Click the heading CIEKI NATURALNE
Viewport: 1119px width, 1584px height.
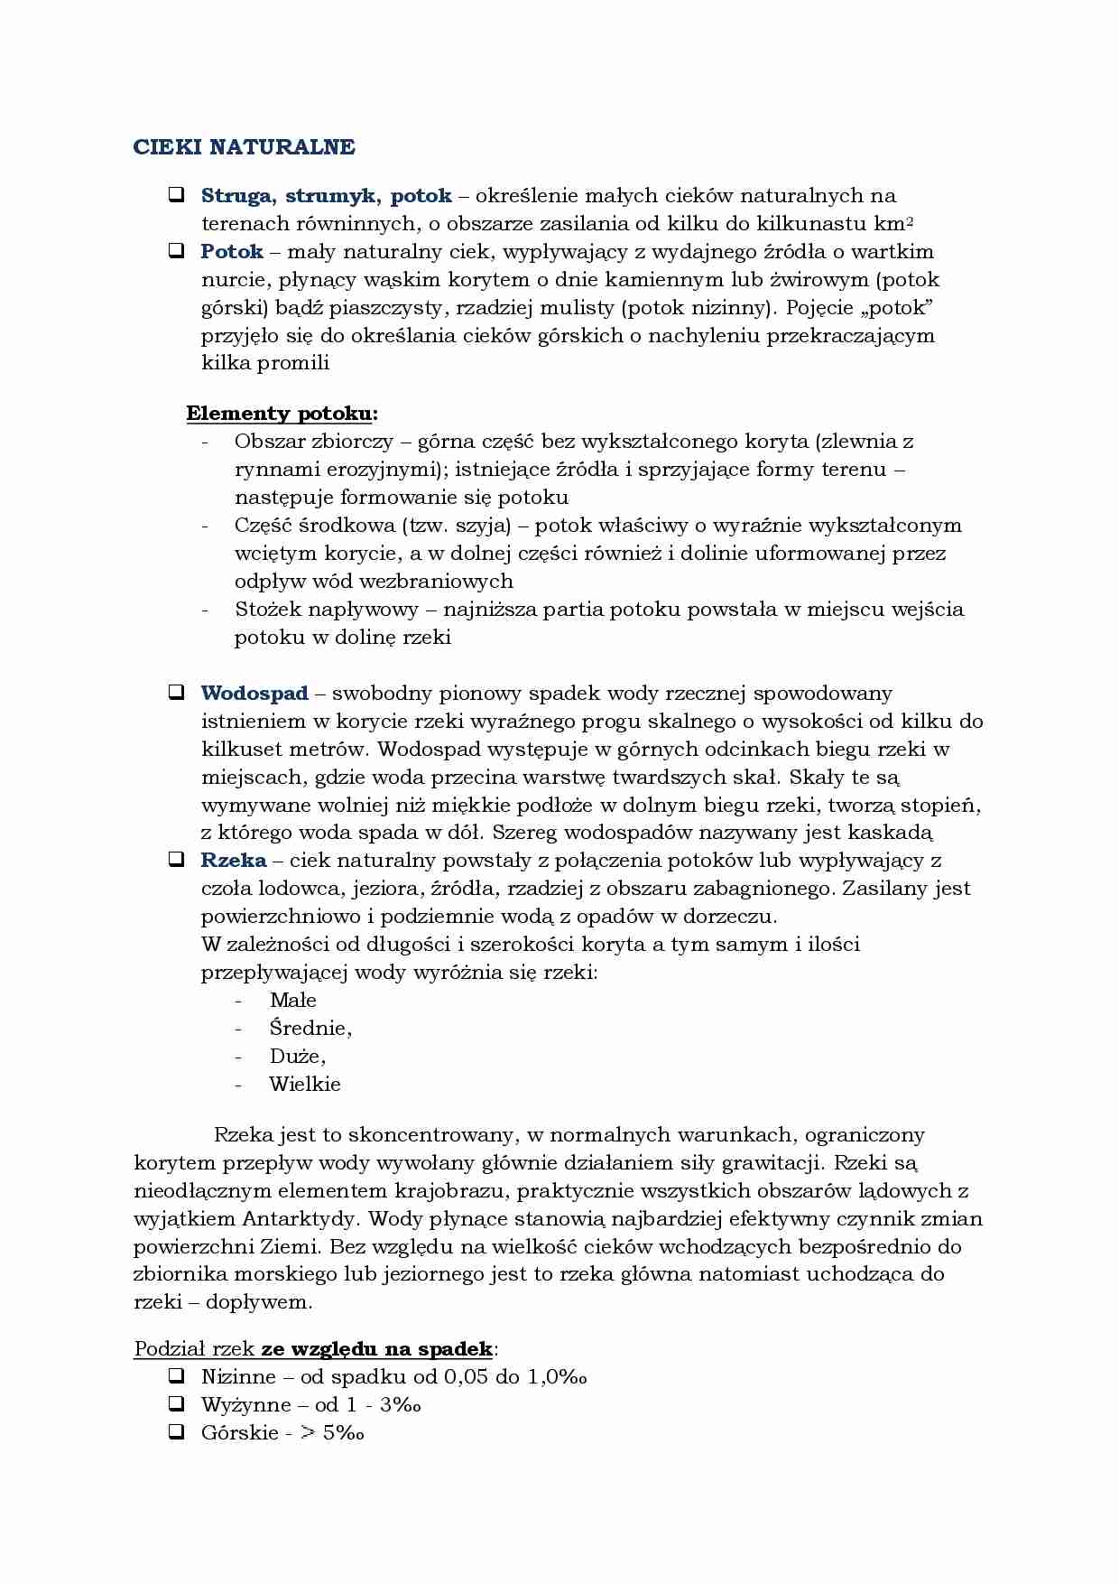pyautogui.click(x=245, y=147)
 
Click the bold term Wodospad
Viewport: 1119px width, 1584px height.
pyautogui.click(x=254, y=694)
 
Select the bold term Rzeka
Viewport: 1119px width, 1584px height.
pyautogui.click(x=234, y=861)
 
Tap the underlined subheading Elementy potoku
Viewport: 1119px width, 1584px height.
pyautogui.click(x=281, y=414)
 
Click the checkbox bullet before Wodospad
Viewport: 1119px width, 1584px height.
pyautogui.click(x=176, y=694)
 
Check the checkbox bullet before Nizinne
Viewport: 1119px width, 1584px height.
pyautogui.click(x=176, y=1376)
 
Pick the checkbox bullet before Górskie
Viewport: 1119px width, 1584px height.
pyautogui.click(x=176, y=1432)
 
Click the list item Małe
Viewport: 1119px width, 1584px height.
pyautogui.click(x=292, y=1001)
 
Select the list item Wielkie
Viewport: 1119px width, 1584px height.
pyautogui.click(x=305, y=1085)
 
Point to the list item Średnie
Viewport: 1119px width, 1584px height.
pyautogui.click(x=310, y=1029)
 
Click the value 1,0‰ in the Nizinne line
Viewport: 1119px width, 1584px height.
pyautogui.click(x=557, y=1377)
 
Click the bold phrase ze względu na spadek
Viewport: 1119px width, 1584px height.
pyautogui.click(x=377, y=1349)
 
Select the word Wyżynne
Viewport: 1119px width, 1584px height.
pyautogui.click(x=245, y=1405)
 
